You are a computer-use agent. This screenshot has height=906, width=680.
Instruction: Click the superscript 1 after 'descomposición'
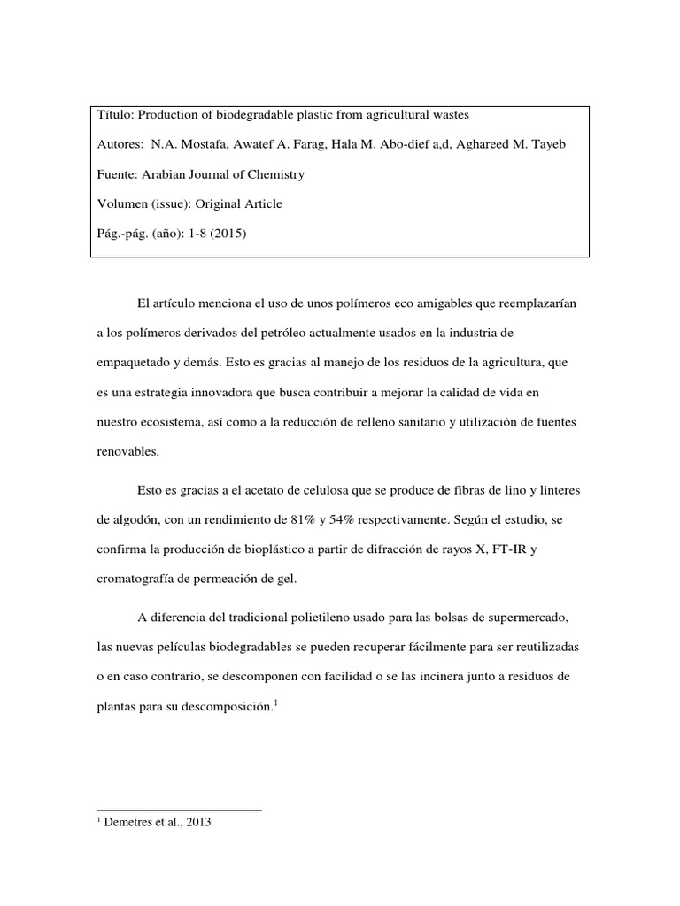click(x=277, y=703)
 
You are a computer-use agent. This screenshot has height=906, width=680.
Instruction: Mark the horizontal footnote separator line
click(x=178, y=810)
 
